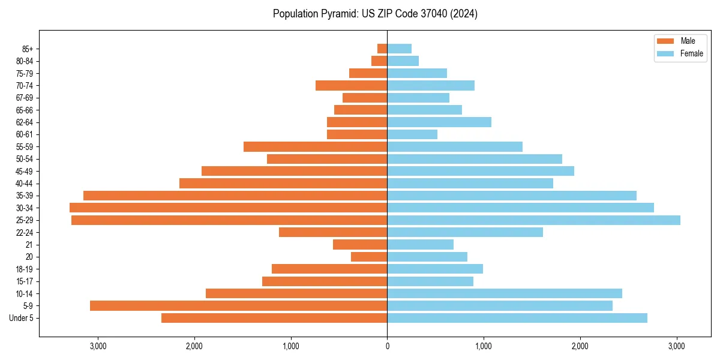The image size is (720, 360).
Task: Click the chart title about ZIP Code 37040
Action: click(375, 14)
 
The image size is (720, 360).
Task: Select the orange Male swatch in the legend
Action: click(665, 41)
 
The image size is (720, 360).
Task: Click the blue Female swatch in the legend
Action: click(665, 53)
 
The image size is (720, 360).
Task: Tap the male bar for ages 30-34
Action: click(228, 208)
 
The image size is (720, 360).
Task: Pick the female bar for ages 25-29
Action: click(533, 220)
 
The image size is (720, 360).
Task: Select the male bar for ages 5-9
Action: click(238, 305)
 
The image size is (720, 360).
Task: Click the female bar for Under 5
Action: click(517, 318)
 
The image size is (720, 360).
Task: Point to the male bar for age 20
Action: click(369, 257)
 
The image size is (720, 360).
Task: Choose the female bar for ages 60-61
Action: click(412, 134)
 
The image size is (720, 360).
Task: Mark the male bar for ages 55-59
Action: click(315, 147)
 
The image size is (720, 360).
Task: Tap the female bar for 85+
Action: click(399, 49)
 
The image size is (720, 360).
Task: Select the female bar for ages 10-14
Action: click(505, 293)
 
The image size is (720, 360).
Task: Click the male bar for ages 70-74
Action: click(351, 86)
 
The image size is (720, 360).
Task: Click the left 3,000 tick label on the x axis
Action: click(98, 346)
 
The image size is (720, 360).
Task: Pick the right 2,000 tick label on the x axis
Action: click(580, 346)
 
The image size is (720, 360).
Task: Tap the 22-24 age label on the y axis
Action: click(25, 232)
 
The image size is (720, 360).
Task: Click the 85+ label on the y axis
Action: click(27, 49)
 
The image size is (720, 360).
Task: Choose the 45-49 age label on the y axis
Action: click(25, 171)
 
